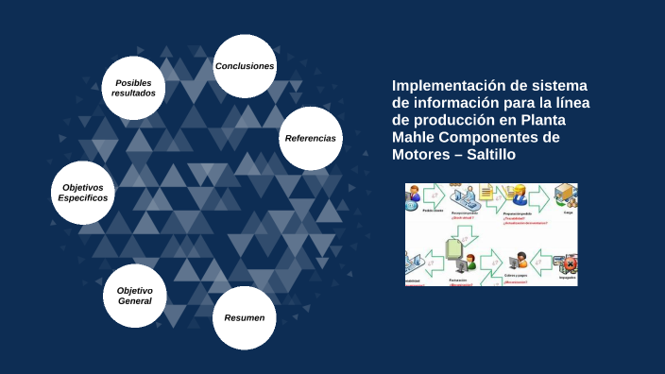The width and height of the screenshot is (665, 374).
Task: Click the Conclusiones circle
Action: pos(245,66)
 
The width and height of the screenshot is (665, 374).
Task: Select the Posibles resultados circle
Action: pos(133,88)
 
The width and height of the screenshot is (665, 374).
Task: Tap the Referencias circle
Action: pos(310,138)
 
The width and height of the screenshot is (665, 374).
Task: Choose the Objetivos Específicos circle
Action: pos(83,193)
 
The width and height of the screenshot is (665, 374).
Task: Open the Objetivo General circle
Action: pos(135,296)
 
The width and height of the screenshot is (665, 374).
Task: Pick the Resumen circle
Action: pos(244,317)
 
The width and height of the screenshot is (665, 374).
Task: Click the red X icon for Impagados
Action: pos(568,263)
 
